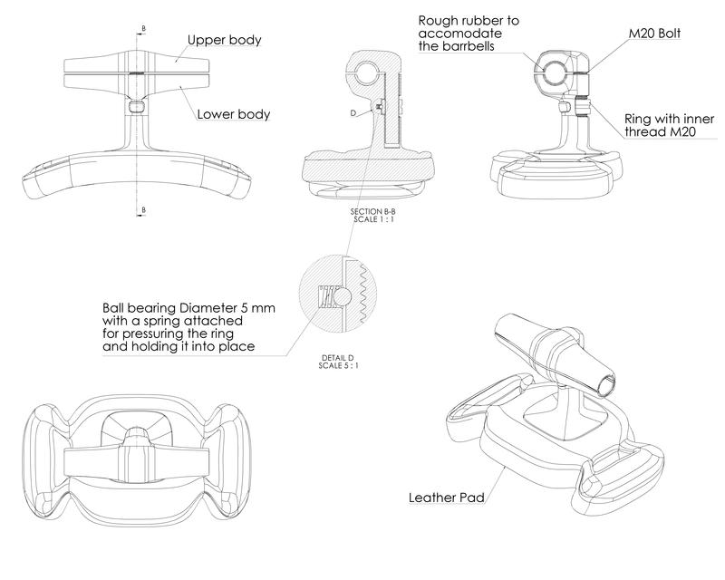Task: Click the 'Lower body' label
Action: pyautogui.click(x=234, y=115)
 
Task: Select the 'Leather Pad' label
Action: pyautogui.click(x=446, y=498)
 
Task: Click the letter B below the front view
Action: pyautogui.click(x=142, y=209)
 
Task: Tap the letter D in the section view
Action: pyautogui.click(x=353, y=112)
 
